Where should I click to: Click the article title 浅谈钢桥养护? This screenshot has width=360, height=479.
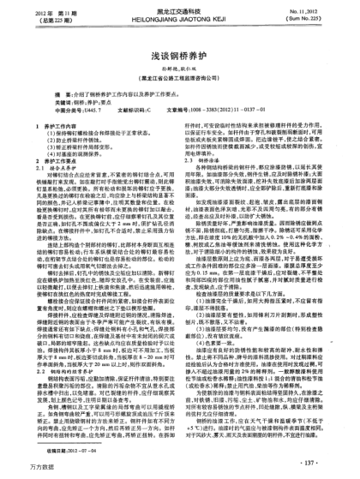click(x=178, y=52)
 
